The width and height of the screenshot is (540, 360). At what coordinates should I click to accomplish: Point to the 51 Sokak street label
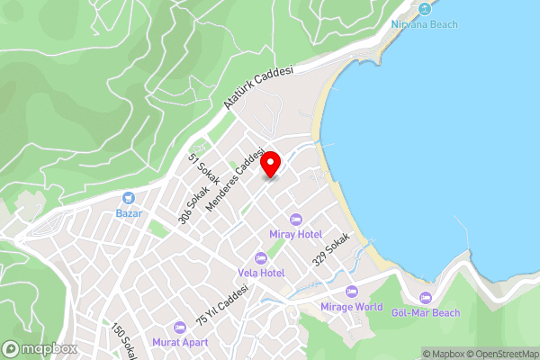click(198, 169)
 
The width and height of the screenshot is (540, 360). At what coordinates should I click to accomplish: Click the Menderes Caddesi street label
click(236, 179)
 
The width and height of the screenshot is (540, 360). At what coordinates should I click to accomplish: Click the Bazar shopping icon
click(129, 197)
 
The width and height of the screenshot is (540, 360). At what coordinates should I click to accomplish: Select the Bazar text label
click(129, 213)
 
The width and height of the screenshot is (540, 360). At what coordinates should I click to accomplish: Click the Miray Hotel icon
click(295, 219)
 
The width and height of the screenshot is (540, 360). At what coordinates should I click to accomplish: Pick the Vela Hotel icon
click(261, 258)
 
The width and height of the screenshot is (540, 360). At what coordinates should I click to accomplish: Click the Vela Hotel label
click(261, 273)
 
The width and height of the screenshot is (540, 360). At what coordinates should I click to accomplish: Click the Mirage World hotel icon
click(351, 291)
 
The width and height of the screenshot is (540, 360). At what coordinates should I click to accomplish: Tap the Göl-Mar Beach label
click(426, 312)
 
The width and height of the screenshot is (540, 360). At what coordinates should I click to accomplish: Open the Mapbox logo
click(39, 348)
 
